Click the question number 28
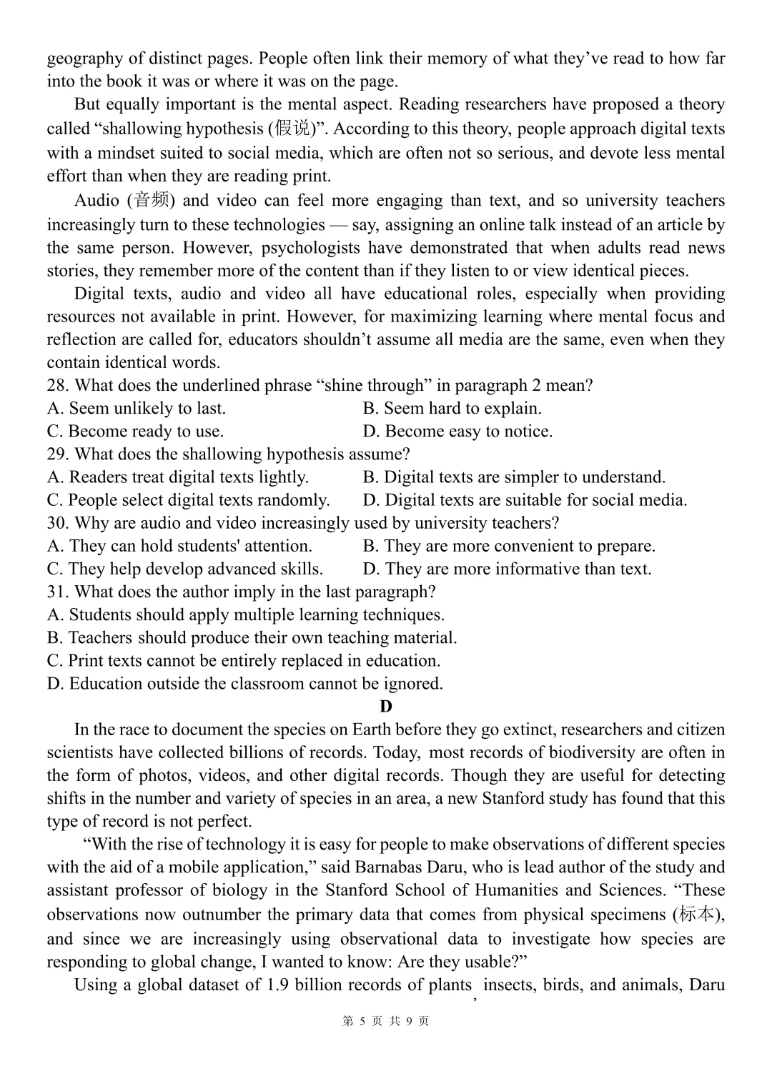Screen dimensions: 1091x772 (58, 386)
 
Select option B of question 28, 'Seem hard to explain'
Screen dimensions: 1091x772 (452, 409)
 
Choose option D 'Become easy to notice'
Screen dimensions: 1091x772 (457, 432)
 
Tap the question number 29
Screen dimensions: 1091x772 (58, 454)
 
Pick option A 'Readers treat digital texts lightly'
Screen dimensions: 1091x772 (178, 477)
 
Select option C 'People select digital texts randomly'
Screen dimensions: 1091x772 (188, 500)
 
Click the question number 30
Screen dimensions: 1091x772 (58, 523)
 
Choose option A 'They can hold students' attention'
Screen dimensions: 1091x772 (179, 546)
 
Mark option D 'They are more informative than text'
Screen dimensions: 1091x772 (507, 569)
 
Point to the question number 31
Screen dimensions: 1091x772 (58, 592)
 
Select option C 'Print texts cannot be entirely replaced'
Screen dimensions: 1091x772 (244, 660)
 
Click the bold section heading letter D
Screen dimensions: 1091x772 (386, 707)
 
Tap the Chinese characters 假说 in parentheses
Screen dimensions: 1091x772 (293, 129)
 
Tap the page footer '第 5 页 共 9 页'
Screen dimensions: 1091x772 (386, 1021)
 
